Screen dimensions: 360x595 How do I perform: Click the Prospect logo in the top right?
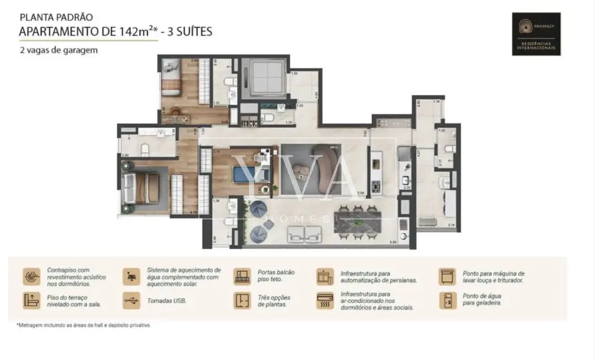(x=536, y=34)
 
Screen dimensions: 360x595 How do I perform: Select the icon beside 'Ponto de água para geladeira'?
(x=447, y=300)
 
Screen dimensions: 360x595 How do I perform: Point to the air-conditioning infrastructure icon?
(x=324, y=300)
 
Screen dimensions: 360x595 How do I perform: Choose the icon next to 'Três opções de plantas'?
(x=242, y=300)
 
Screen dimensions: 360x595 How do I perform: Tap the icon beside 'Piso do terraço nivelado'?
(x=31, y=300)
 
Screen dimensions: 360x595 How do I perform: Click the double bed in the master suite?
(x=140, y=187)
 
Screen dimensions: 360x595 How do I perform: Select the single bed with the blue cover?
(x=251, y=174)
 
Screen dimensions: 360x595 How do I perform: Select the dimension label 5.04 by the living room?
(x=361, y=193)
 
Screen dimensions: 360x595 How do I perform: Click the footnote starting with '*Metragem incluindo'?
(x=83, y=325)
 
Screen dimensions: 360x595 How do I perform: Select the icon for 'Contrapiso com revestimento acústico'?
(x=31, y=276)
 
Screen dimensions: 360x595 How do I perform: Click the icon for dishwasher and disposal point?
(x=447, y=276)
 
